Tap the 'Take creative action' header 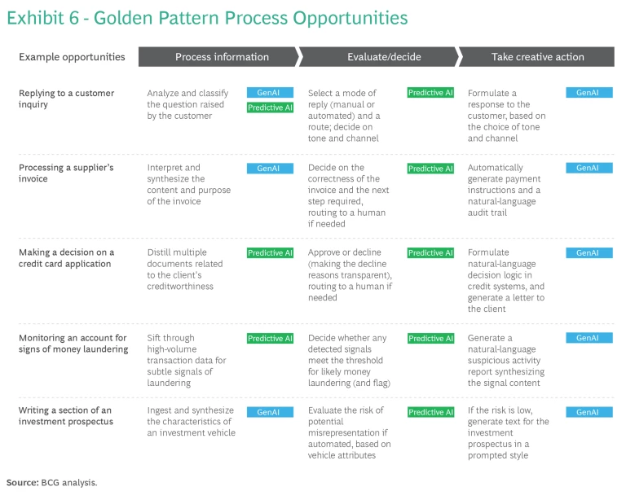click(536, 57)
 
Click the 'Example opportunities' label click(72, 57)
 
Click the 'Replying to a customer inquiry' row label click(66, 99)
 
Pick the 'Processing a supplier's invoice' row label click(66, 173)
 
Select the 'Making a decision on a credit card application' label click(66, 258)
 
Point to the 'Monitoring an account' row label click(73, 344)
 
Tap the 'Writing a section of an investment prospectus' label click(66, 416)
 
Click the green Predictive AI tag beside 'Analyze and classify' click(271, 107)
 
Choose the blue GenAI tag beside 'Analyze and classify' click(271, 93)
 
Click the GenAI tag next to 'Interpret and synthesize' click(271, 169)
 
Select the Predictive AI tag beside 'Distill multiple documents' click(271, 252)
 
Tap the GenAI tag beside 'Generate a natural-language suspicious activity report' click(589, 338)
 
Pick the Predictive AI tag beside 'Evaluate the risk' click(430, 412)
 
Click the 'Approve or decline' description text click(350, 275)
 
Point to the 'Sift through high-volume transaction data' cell click(187, 361)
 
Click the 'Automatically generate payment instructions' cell click(505, 191)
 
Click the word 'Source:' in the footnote click(22, 482)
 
